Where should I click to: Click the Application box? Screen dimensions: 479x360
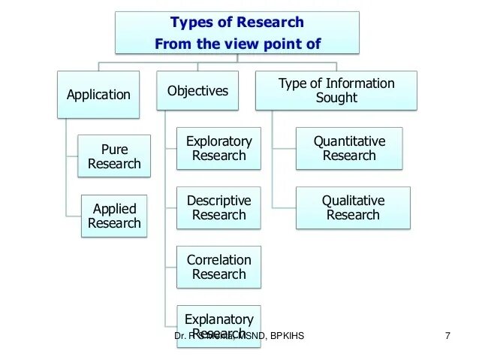(98, 95)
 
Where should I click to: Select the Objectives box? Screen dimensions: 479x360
(197, 91)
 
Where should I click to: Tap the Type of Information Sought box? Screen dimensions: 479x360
(336, 91)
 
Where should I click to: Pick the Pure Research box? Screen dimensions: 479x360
(114, 156)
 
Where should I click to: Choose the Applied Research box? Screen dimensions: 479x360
(114, 216)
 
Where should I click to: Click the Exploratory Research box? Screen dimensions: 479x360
(218, 148)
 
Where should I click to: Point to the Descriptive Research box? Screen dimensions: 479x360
(218, 207)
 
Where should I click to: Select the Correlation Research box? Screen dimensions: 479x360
(218, 267)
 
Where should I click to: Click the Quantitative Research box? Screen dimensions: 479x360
(349, 148)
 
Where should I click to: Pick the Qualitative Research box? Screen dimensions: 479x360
(353, 207)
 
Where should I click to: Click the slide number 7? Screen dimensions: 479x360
(447, 336)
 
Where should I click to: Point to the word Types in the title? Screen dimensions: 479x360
(191, 23)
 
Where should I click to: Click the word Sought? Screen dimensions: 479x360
(336, 98)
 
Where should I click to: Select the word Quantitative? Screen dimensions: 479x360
(349, 141)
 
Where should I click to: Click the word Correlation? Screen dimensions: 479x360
(218, 260)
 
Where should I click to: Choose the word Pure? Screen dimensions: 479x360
(114, 150)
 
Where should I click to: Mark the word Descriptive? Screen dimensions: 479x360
(218, 201)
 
